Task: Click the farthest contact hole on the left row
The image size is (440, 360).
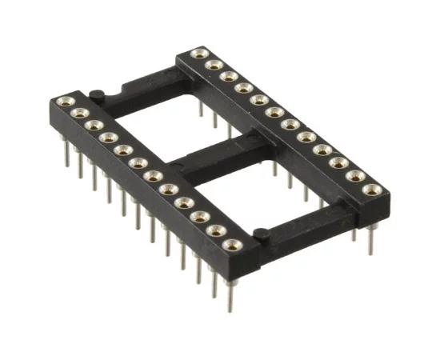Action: click(x=64, y=102)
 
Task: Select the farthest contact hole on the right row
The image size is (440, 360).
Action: click(x=199, y=53)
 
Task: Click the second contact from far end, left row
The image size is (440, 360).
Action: click(x=78, y=114)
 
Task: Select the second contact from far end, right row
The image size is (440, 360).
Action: click(x=214, y=64)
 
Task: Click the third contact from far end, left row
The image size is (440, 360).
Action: click(x=93, y=126)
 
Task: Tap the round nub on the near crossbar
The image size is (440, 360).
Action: click(x=259, y=234)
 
